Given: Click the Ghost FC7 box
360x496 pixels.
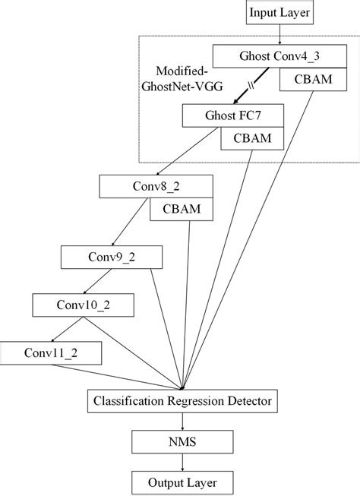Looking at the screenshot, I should coord(233,116).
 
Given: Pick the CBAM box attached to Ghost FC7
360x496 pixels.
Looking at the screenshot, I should coord(251,139).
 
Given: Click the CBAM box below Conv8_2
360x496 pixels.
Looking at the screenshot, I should coord(180,209).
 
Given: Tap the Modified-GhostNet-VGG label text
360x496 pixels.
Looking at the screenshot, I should coord(176,78).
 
